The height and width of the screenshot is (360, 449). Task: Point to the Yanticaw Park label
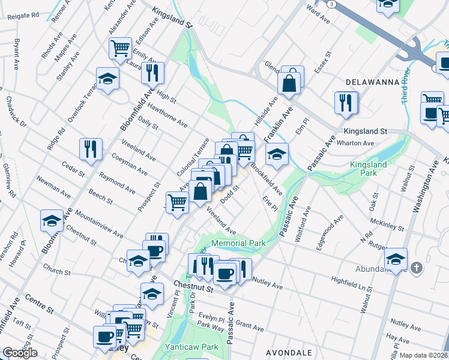coord(192,347)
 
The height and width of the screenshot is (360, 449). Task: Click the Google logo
coord(20,353)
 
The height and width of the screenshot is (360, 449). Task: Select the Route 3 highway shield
coord(331,4)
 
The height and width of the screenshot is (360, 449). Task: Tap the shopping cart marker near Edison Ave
coord(121,47)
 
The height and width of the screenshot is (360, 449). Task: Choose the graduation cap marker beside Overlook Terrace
coord(107,79)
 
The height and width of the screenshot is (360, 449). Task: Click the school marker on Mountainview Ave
coord(52,221)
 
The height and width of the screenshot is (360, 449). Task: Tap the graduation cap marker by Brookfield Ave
coord(277,154)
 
